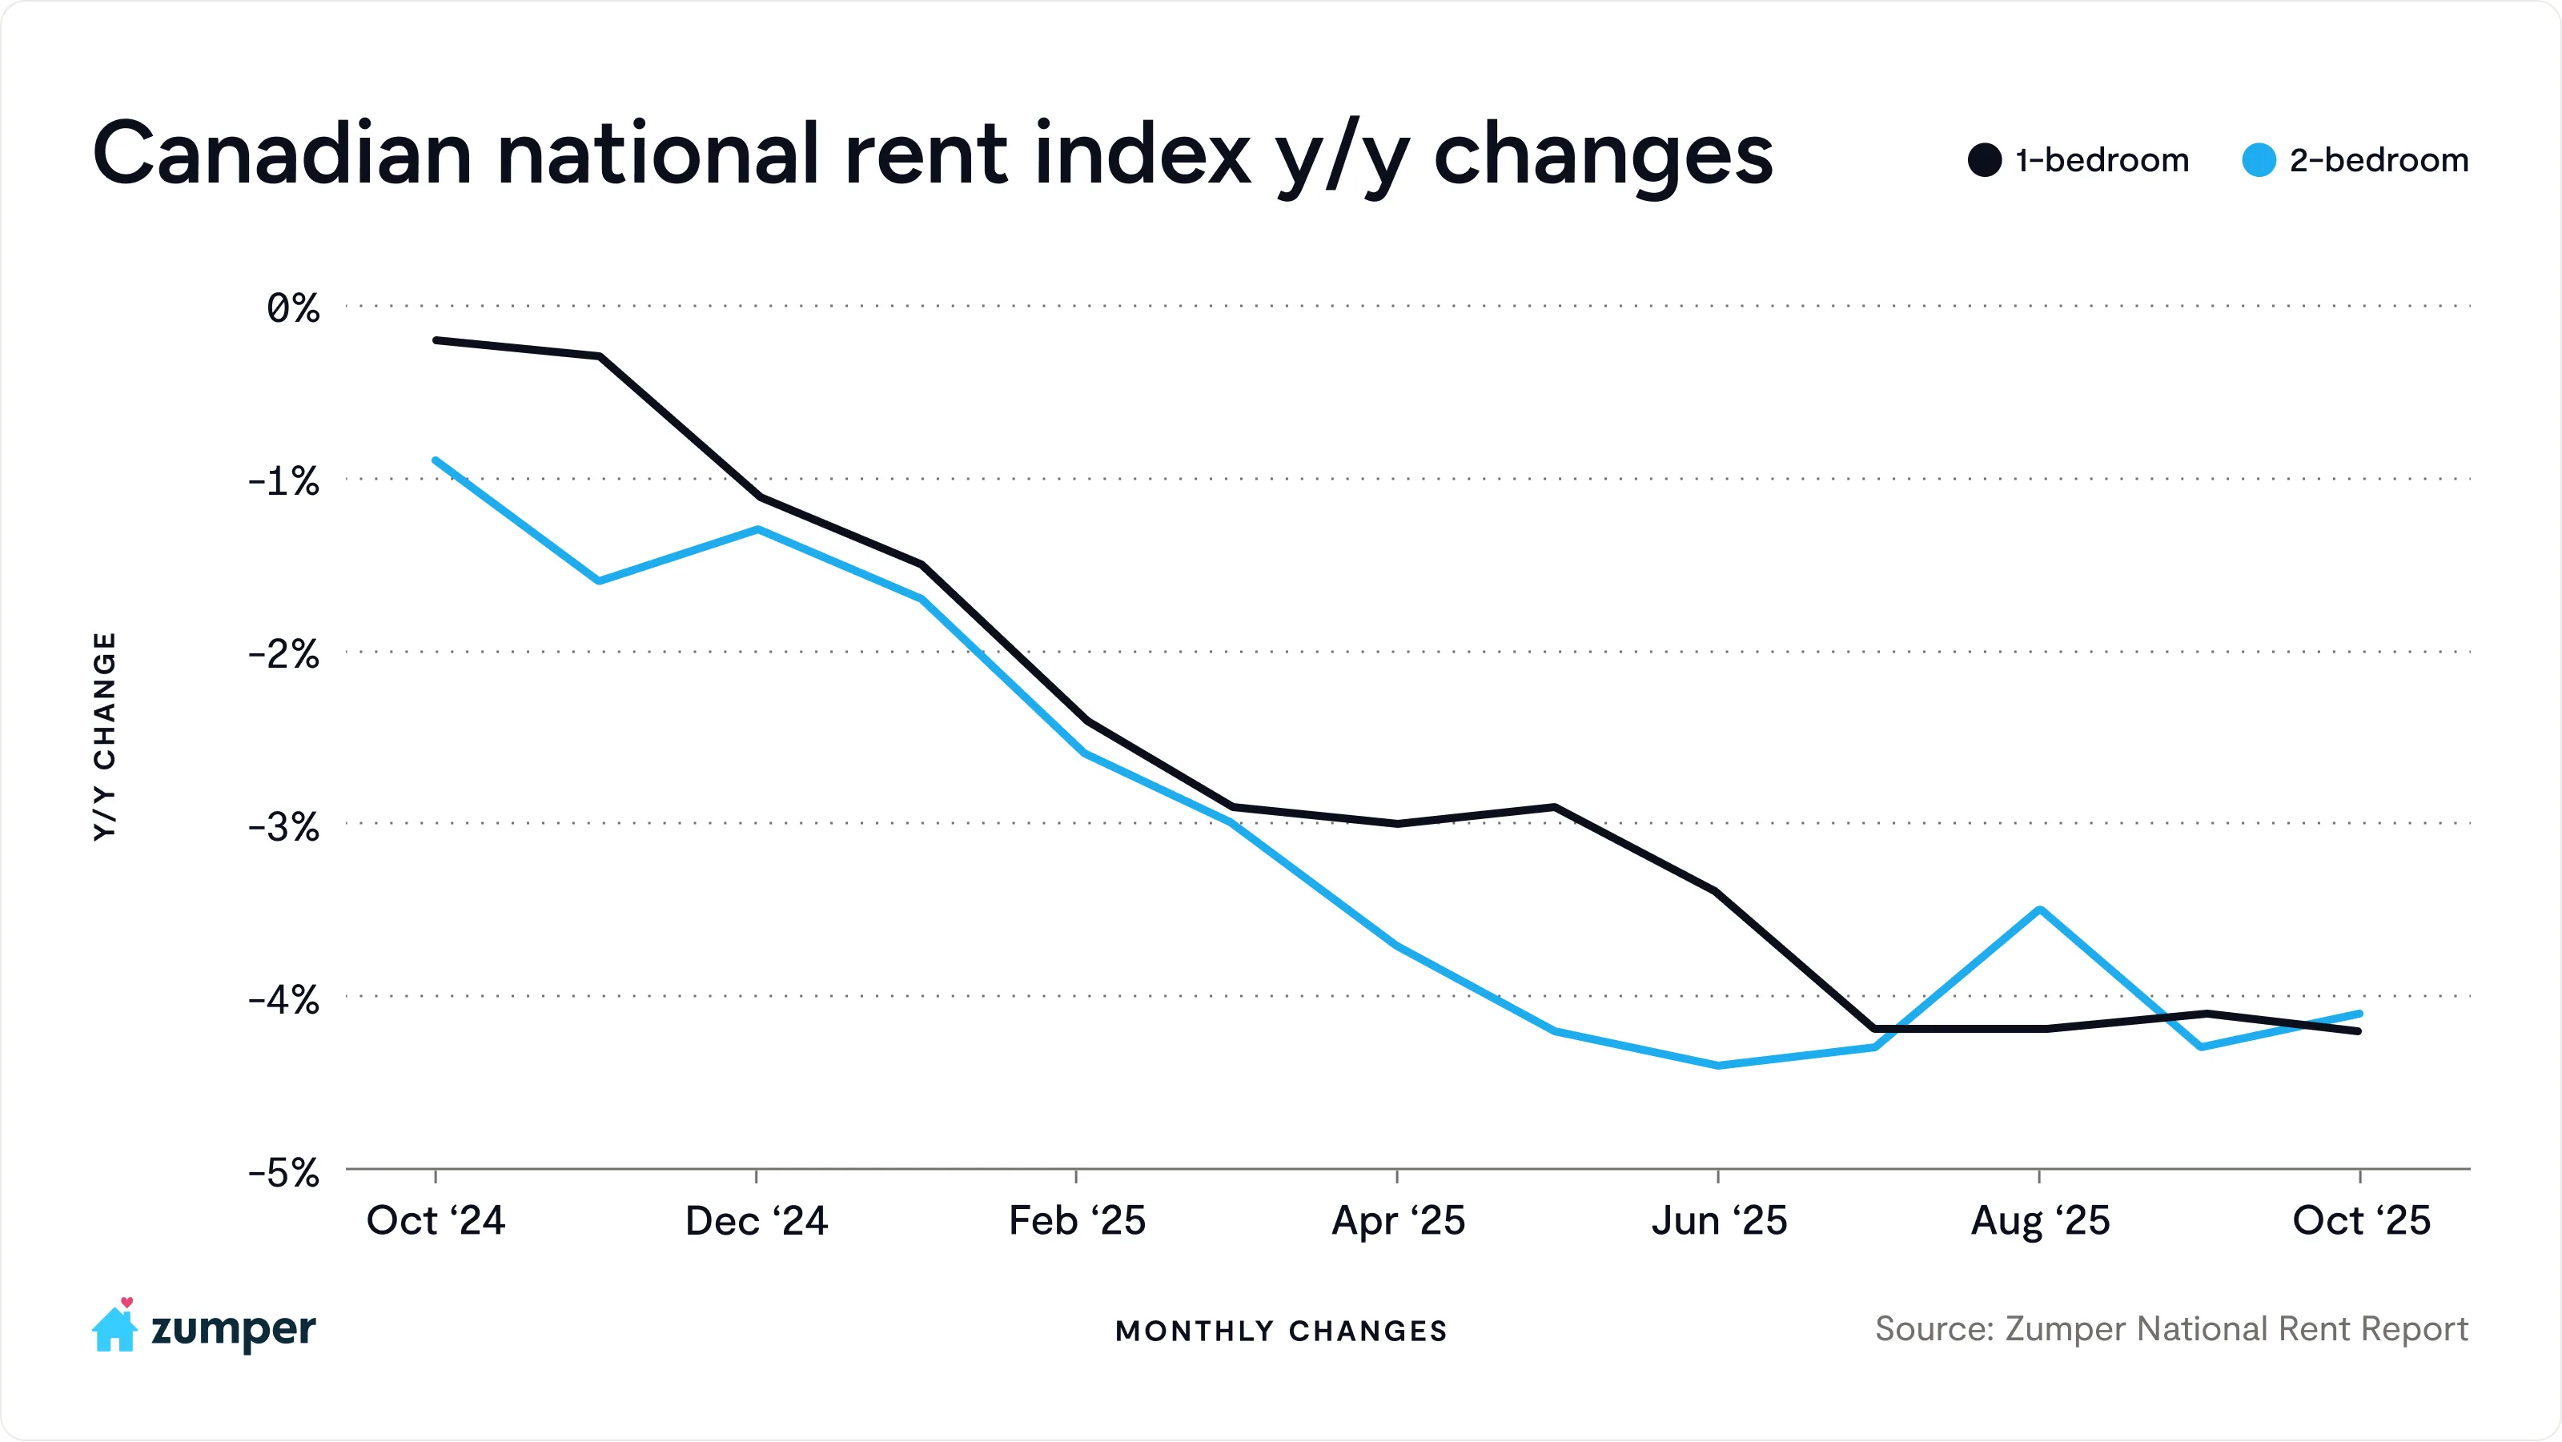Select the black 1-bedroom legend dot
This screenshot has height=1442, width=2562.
point(1984,160)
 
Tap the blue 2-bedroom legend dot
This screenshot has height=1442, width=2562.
point(2259,160)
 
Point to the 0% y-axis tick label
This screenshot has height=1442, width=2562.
point(292,308)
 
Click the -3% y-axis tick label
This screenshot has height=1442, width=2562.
point(283,826)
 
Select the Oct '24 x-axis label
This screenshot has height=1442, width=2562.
point(436,1220)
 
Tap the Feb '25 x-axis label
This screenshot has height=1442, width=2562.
point(1077,1220)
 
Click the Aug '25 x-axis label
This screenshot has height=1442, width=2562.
point(2040,1220)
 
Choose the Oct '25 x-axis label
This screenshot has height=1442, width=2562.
point(2361,1220)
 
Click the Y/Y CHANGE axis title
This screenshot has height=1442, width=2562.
point(104,736)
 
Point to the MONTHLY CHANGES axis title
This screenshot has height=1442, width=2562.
point(1281,1331)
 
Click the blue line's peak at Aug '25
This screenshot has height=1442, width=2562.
point(2040,909)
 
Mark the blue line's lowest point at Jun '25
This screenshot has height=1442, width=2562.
point(1719,1065)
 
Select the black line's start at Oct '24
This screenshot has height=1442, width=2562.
point(436,340)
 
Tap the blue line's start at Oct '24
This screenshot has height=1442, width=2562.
point(436,460)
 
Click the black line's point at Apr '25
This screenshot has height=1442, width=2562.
point(1397,823)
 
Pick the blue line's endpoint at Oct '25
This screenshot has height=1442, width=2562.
point(2360,1014)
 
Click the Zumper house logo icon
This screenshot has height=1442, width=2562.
point(114,1327)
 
